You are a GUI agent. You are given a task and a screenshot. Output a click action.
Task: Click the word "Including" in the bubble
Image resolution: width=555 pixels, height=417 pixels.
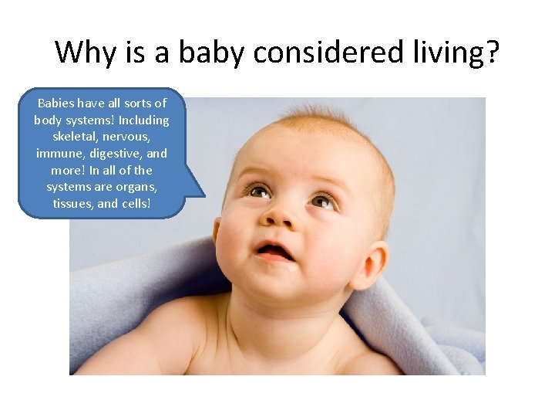point(143,120)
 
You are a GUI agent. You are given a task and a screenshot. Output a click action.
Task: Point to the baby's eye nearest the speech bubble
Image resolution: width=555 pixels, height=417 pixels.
point(255,189)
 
